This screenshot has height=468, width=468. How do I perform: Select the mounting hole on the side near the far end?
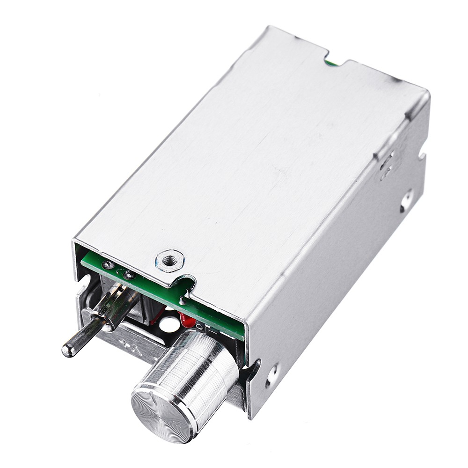click(x=406, y=200)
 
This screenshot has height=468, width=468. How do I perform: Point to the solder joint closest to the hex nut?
click(x=129, y=275)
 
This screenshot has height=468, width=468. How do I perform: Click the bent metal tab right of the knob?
click(x=250, y=374)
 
